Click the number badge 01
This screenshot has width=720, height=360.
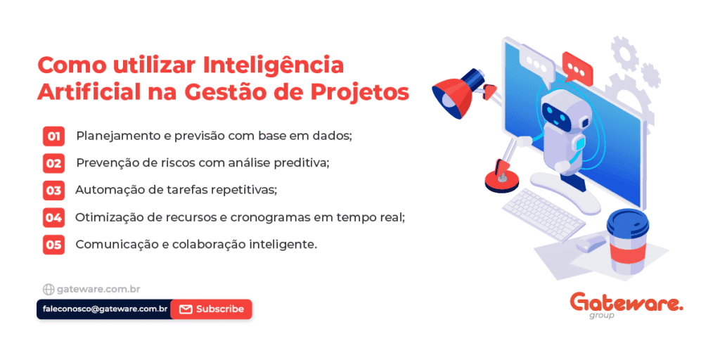coord(53,136)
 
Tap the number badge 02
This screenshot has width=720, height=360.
coord(53,163)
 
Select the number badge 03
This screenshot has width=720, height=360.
coord(53,190)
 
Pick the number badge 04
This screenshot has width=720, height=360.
coord(53,217)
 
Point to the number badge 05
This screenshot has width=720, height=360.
coord(53,244)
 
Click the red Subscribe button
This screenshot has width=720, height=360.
coord(211,309)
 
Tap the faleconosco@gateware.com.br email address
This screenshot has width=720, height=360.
coord(104,309)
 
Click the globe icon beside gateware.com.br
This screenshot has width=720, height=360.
coord(49,290)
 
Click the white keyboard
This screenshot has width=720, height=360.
coord(544,214)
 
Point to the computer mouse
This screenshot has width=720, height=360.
coord(591,242)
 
